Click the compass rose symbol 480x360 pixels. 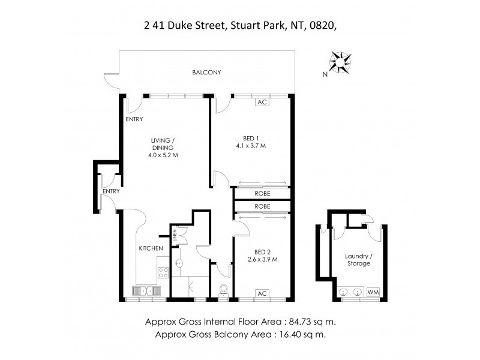[x=340, y=62]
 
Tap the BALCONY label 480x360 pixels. [x=206, y=73]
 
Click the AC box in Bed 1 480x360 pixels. [x=261, y=102]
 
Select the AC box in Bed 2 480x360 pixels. [x=261, y=293]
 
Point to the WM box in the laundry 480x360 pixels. [x=373, y=292]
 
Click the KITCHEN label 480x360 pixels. [x=151, y=248]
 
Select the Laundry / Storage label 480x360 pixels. [x=358, y=260]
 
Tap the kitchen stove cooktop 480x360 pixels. [x=163, y=272]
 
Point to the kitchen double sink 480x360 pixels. [x=146, y=292]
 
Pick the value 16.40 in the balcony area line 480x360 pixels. [x=290, y=334]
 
